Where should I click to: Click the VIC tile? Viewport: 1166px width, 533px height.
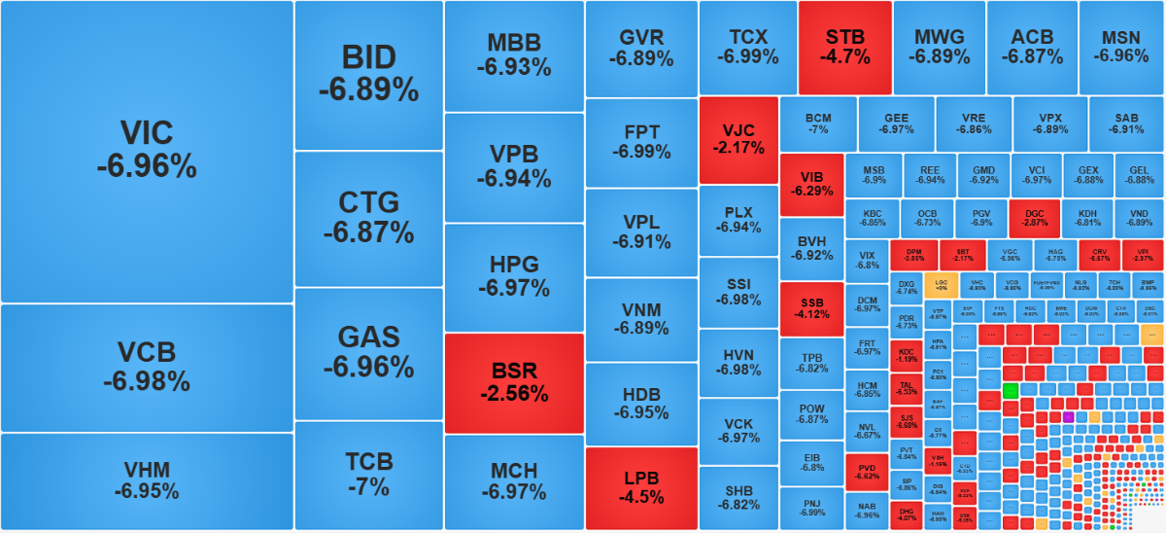click(146, 151)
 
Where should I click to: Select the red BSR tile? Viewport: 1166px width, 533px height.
click(514, 383)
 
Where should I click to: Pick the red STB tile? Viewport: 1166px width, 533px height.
click(844, 47)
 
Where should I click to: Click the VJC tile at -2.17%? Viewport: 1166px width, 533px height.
click(738, 139)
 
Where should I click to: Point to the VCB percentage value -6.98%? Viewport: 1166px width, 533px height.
click(146, 380)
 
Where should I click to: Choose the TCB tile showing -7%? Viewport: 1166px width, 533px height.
click(368, 475)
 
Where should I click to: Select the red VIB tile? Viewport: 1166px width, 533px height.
click(811, 184)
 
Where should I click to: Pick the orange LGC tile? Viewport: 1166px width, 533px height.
click(940, 284)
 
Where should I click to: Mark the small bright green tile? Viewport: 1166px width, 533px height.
click(1010, 390)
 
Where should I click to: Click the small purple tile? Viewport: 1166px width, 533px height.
click(1068, 416)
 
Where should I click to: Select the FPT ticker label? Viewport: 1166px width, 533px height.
click(641, 131)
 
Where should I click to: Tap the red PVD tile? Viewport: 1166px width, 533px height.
click(867, 472)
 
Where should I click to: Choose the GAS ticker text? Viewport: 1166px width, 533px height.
click(368, 337)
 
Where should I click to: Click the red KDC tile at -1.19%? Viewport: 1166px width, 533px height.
click(907, 354)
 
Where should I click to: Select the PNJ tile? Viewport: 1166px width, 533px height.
click(811, 508)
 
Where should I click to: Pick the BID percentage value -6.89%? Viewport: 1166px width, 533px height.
click(368, 89)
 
